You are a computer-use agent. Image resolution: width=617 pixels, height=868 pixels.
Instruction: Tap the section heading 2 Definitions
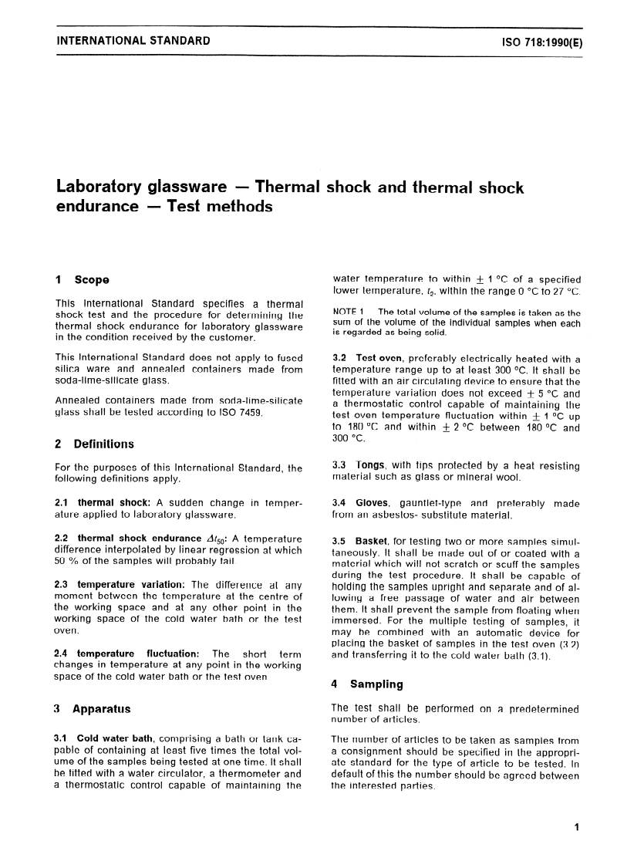[x=95, y=444]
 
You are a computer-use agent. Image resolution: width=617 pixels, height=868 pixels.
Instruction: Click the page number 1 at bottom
[x=576, y=828]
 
